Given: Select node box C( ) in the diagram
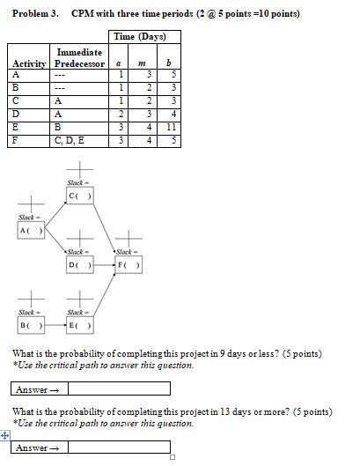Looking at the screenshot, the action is tap(81, 195).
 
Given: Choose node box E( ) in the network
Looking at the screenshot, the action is tap(80, 326).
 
